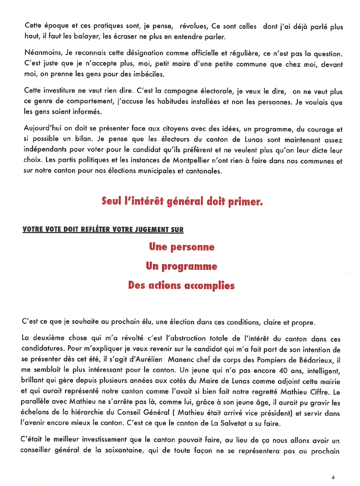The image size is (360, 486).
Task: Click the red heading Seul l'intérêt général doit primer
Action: pos(182,201)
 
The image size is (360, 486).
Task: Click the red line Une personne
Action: pos(181,247)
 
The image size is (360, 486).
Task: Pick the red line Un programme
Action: pos(181,266)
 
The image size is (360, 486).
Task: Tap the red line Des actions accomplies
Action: pos(181,286)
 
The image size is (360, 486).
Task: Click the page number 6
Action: pos(333,477)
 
